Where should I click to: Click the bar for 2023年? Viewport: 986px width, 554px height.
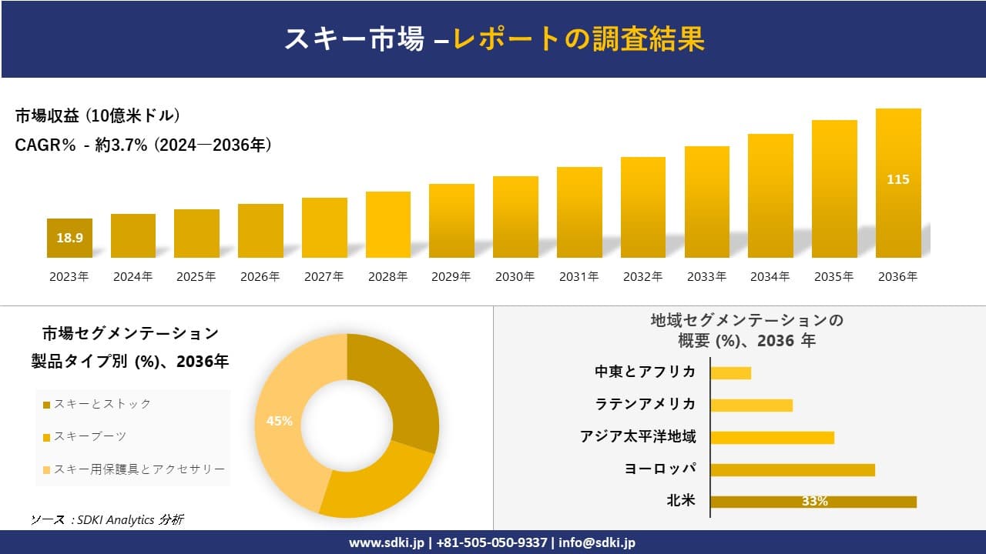69,238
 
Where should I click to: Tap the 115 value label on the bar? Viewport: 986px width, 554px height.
898,179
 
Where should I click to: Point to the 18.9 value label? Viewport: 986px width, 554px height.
69,238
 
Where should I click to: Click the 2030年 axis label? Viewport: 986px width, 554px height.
515,277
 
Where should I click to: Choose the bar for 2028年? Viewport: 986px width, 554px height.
387,225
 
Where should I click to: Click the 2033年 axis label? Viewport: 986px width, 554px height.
706,277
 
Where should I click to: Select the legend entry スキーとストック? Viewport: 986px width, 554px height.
96,404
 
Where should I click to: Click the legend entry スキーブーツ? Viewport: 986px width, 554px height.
85,436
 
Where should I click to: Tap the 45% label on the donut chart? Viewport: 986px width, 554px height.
279,421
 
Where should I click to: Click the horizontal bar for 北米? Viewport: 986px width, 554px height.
813,502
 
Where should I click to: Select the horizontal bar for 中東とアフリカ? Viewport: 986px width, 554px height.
730,372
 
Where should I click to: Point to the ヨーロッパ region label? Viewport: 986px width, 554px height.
660,469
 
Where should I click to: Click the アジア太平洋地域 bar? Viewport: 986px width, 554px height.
772,437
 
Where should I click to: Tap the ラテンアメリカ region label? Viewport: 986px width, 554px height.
645,404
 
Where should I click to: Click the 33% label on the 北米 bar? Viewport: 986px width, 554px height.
814,502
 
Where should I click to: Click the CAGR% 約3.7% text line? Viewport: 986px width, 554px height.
143,145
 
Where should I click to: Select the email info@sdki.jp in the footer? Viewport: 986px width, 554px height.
597,542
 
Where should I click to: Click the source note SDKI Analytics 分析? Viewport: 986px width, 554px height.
108,520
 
